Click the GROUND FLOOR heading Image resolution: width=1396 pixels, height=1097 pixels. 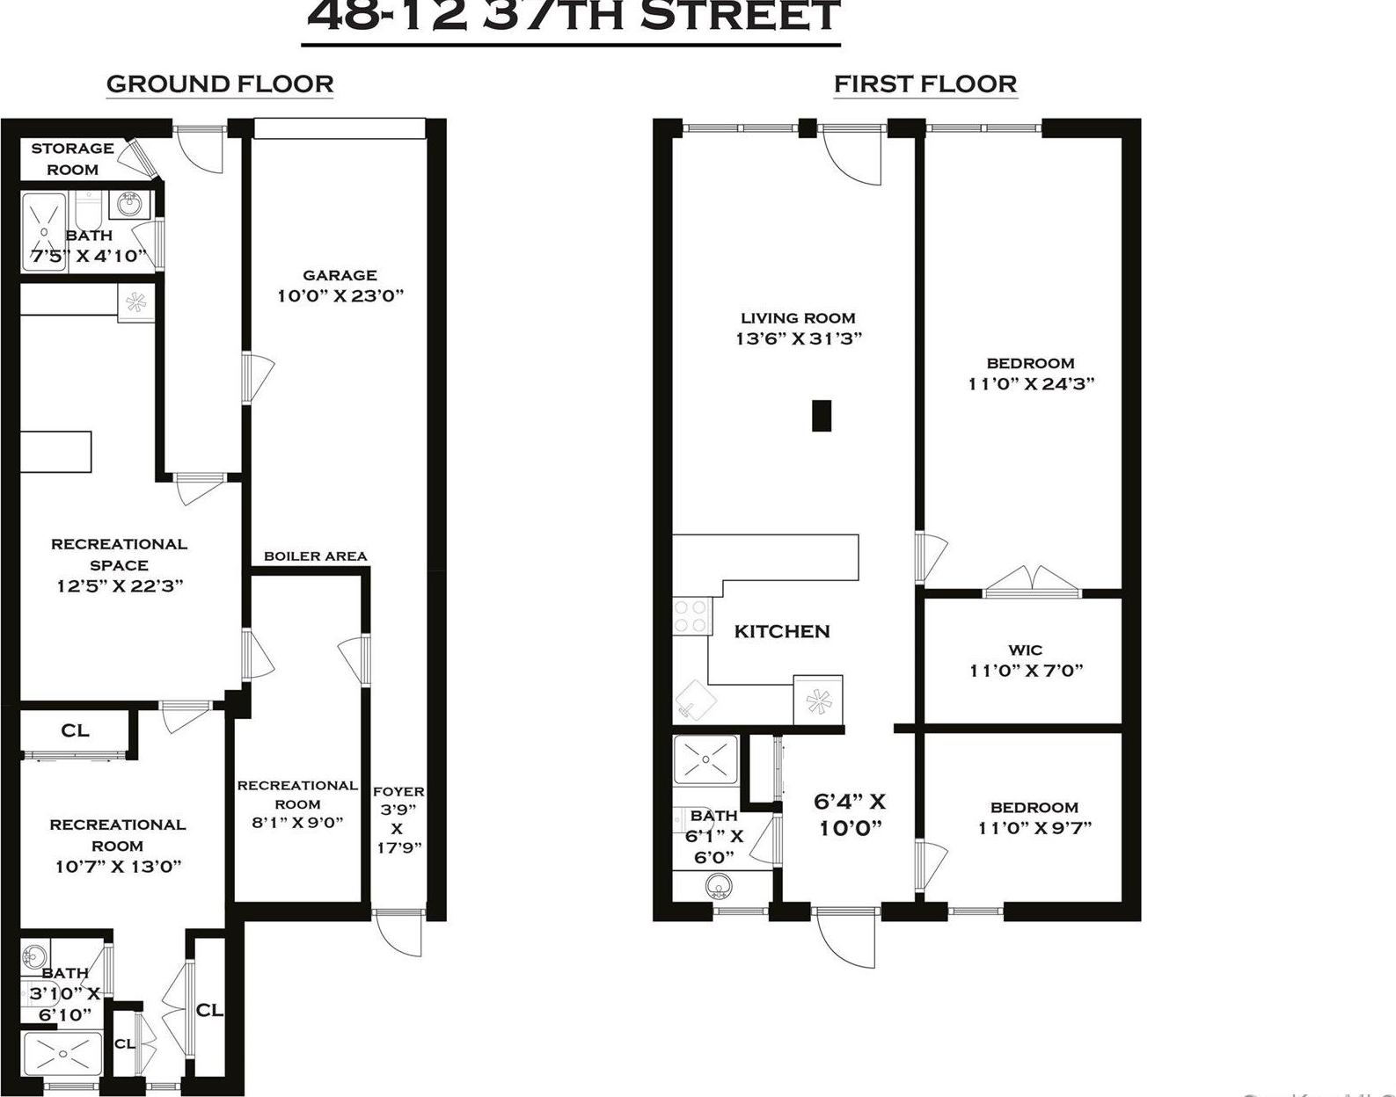(x=219, y=84)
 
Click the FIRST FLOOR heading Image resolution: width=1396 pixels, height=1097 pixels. (x=925, y=84)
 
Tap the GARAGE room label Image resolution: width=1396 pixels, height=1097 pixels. (x=340, y=275)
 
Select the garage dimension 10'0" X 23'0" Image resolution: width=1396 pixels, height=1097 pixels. (x=340, y=296)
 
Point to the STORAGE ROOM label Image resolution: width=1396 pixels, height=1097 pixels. (x=72, y=158)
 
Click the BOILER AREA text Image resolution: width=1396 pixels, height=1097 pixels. (x=315, y=556)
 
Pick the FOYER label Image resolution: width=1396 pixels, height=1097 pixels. (x=398, y=791)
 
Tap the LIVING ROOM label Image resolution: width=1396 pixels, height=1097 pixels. (x=797, y=318)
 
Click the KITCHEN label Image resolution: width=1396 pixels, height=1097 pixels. (x=782, y=631)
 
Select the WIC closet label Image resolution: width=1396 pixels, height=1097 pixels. (x=1025, y=650)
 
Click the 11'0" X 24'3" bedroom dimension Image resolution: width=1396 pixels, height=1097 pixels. (x=1030, y=384)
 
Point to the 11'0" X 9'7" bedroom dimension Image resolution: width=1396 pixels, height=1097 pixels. (x=1034, y=828)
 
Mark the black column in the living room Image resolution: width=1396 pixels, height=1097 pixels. (x=821, y=416)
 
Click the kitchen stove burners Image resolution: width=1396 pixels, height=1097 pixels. (x=691, y=615)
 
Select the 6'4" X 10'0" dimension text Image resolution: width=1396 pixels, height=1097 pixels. (x=850, y=815)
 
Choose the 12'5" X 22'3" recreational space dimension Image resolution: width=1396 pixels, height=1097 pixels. (x=119, y=586)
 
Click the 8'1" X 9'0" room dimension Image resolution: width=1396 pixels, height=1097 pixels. (x=297, y=824)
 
